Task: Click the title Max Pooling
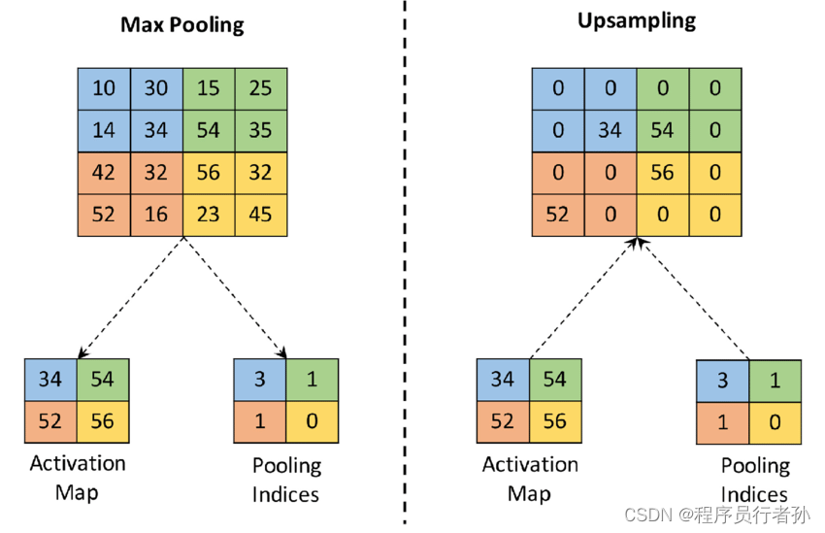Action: click(182, 24)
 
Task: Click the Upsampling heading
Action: click(637, 20)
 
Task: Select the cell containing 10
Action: click(104, 88)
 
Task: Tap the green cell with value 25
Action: click(260, 88)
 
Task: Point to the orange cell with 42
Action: click(104, 173)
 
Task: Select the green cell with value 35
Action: click(260, 130)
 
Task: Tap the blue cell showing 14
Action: click(104, 130)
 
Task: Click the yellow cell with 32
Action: click(260, 173)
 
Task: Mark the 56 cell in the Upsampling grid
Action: click(663, 173)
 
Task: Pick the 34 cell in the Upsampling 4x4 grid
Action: click(610, 130)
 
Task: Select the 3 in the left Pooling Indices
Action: click(260, 379)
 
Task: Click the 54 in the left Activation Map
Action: click(102, 379)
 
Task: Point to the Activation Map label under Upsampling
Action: click(530, 477)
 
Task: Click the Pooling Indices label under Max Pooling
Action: click(286, 480)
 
